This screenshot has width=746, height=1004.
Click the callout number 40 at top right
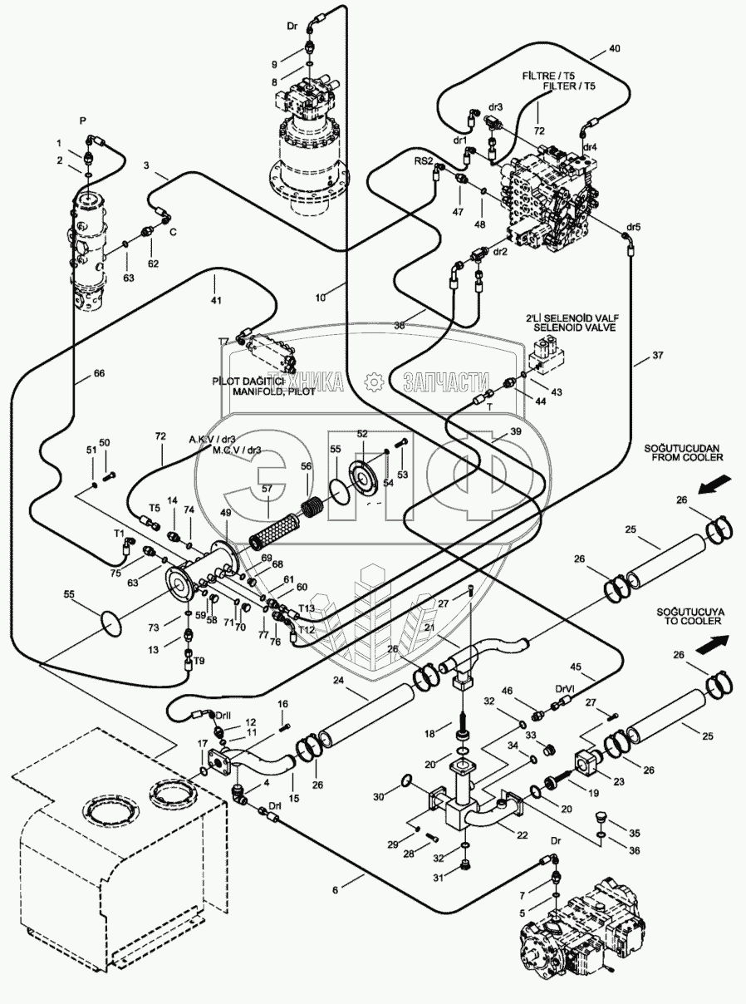[x=615, y=49]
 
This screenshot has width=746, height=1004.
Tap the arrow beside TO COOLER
[x=714, y=644]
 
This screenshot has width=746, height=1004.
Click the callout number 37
[x=659, y=357]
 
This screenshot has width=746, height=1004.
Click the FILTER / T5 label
[x=569, y=86]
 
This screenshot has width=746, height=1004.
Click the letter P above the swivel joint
[x=83, y=120]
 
